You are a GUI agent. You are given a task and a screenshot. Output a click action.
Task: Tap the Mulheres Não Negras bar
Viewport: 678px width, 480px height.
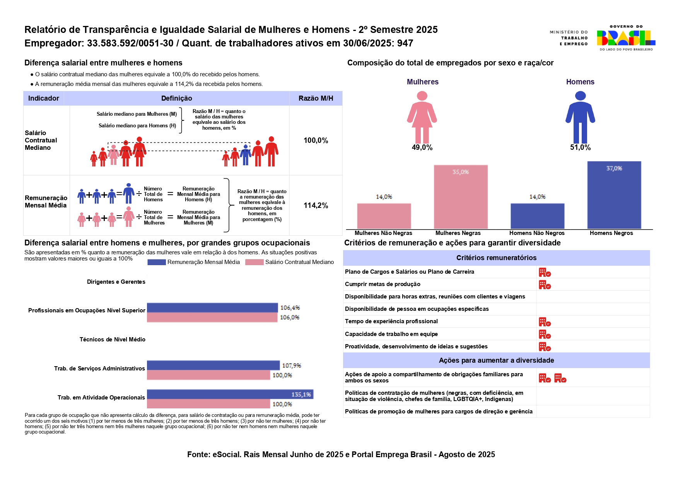(384, 216)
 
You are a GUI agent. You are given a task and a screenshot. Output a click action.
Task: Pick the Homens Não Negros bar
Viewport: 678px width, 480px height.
(537, 216)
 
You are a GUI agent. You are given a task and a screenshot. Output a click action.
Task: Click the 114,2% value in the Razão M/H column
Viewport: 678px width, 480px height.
(316, 206)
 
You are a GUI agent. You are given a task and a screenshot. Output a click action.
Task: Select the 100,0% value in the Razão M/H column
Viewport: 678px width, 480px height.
(316, 141)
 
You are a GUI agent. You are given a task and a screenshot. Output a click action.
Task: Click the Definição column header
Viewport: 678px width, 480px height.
(176, 98)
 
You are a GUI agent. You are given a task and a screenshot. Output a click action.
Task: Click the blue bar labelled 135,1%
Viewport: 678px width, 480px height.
(230, 394)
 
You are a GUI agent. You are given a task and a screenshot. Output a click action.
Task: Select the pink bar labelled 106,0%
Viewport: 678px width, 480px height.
(212, 317)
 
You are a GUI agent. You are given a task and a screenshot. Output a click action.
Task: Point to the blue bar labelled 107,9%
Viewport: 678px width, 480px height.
(213, 365)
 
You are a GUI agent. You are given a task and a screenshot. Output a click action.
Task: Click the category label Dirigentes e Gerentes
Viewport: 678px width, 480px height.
(116, 282)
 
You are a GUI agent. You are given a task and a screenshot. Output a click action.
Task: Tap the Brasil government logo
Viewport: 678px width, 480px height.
(625, 38)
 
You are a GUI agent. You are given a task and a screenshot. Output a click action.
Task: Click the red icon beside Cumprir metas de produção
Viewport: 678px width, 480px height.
(545, 285)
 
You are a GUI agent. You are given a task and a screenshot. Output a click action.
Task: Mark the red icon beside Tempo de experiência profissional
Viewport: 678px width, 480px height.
(545, 322)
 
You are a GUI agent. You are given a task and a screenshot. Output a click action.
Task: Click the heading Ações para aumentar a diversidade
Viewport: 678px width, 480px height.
(496, 360)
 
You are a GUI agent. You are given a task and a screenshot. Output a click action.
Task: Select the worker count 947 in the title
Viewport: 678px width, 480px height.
(405, 43)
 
